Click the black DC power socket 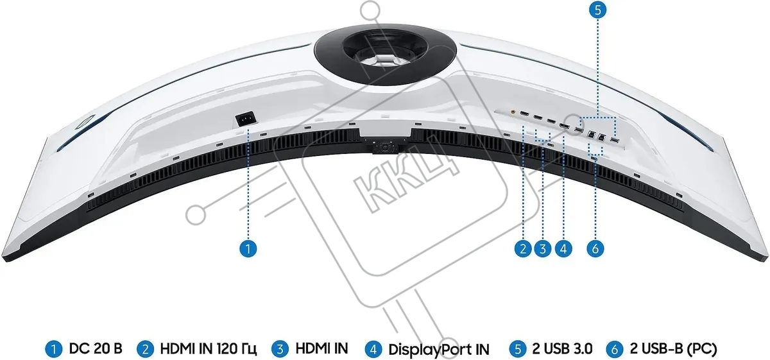click(246, 119)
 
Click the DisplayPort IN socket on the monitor click(564, 126)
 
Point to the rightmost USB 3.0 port click(614, 141)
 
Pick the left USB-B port click(592, 135)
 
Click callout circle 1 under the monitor click(248, 248)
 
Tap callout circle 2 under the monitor click(523, 248)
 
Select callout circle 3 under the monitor click(543, 248)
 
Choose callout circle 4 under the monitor click(563, 248)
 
